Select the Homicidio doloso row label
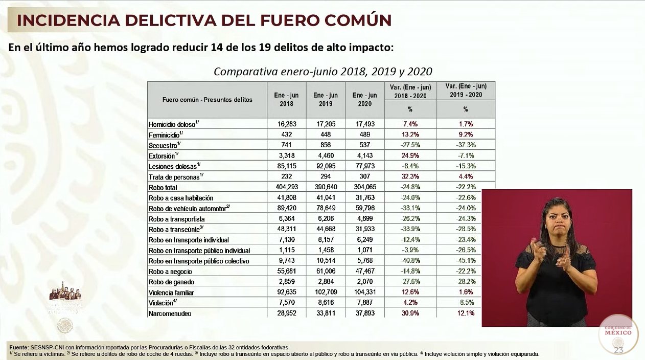(x=172, y=124)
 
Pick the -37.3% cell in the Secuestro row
(x=465, y=145)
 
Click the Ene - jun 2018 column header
(x=286, y=99)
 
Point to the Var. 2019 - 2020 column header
(x=466, y=90)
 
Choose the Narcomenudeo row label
(x=170, y=313)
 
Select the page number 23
(x=618, y=350)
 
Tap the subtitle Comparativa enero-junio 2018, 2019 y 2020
(x=322, y=71)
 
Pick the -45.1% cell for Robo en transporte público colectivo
(x=465, y=261)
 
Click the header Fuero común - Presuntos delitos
(x=207, y=100)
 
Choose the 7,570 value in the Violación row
(x=286, y=303)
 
